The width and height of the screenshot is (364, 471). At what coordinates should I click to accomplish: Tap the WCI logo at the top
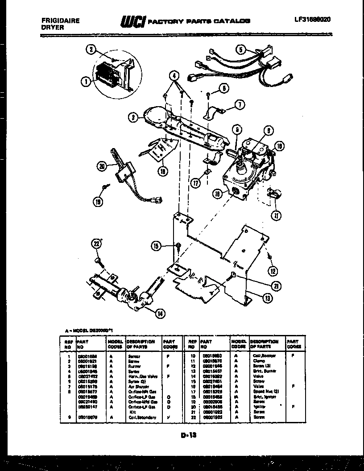tap(132, 21)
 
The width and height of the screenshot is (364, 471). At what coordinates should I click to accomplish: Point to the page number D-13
tap(189, 435)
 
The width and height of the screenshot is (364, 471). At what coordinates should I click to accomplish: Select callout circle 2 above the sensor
tap(92, 50)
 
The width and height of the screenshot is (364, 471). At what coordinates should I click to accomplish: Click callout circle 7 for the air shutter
tap(240, 105)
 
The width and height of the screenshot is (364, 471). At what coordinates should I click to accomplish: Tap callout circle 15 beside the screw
tap(156, 246)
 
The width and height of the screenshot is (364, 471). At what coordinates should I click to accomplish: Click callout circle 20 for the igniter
tap(103, 167)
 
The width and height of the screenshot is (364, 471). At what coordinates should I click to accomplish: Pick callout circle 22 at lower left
tap(95, 243)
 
